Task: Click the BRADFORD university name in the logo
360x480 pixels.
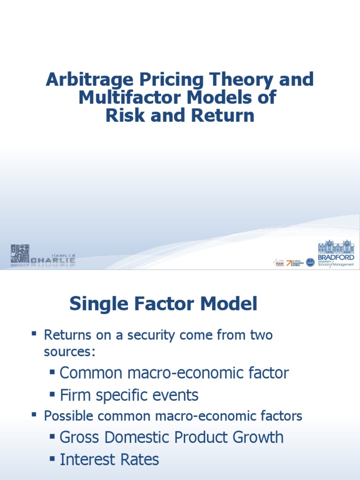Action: (x=336, y=257)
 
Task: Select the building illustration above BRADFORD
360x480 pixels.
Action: (x=336, y=247)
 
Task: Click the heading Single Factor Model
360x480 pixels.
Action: (x=163, y=304)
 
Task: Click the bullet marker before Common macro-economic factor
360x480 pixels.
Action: (x=52, y=372)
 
